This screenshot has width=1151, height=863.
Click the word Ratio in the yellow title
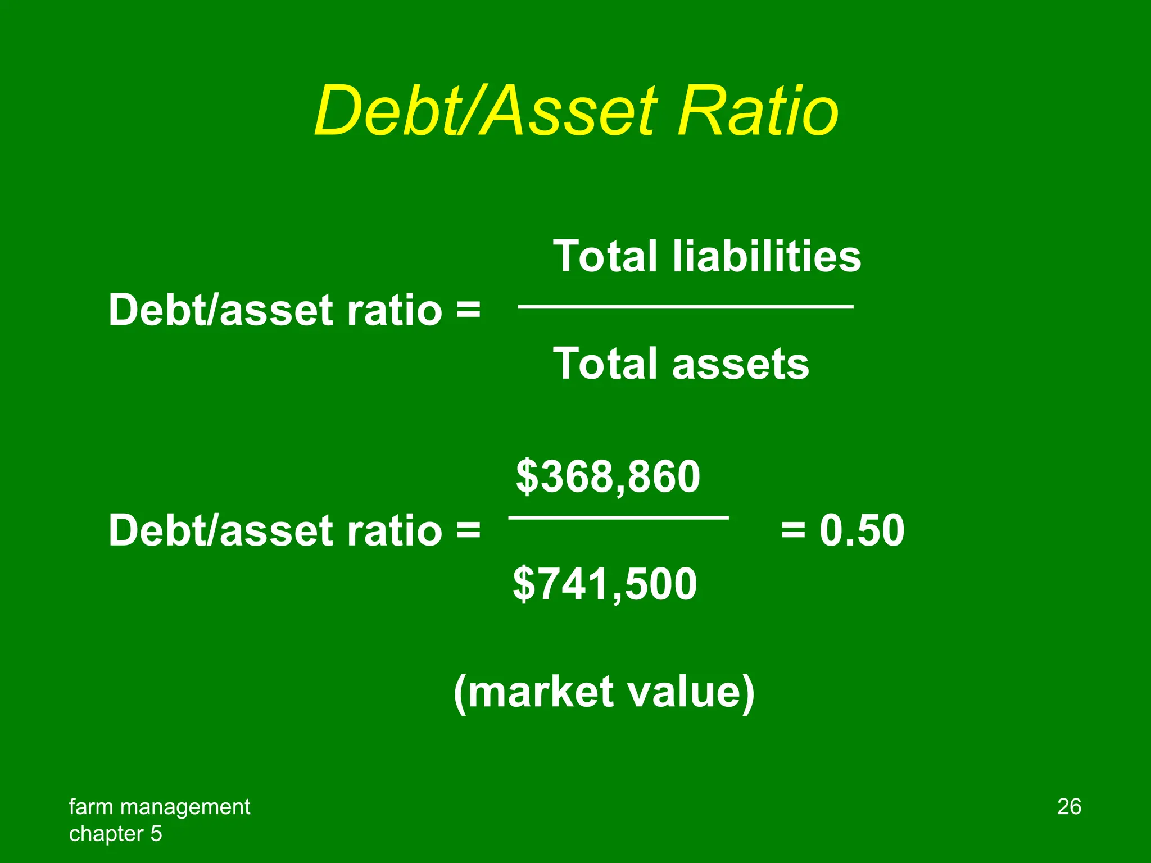tap(758, 111)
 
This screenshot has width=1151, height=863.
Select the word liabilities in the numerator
tap(767, 256)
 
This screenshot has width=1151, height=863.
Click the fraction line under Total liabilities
tap(686, 307)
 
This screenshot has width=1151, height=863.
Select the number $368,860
tap(608, 476)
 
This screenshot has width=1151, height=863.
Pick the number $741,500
tap(605, 584)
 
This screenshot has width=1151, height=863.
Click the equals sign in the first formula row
tap(468, 310)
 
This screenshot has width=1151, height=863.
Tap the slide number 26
tap(1069, 807)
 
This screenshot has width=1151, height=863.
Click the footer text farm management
tap(160, 807)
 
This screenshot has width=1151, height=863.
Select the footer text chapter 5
tap(115, 834)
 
